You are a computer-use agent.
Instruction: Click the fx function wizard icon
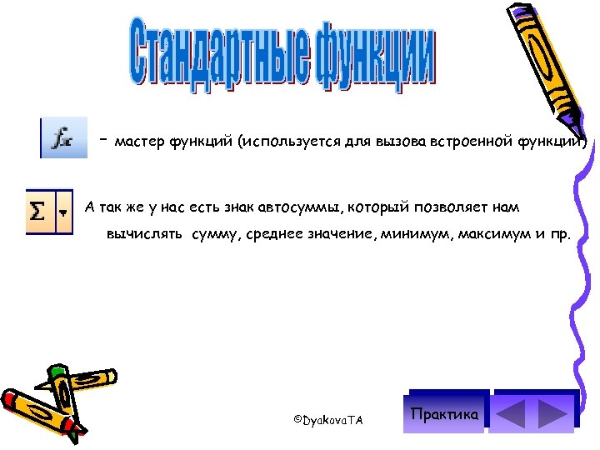[x=64, y=138]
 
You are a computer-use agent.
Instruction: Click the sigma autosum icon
[x=38, y=211]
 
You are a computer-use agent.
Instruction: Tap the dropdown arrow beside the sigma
[x=62, y=212]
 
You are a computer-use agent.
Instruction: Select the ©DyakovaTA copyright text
[x=328, y=420]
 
